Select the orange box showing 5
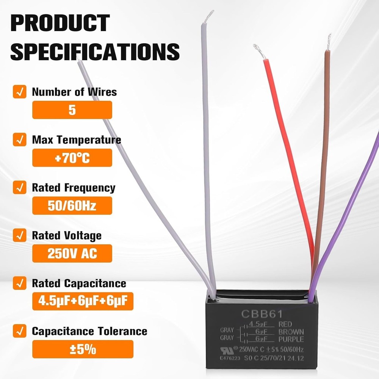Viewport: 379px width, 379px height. click(72, 110)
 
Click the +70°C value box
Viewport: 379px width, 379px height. click(72, 158)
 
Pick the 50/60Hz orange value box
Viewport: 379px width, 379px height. click(72, 206)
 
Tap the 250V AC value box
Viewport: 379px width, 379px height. click(72, 254)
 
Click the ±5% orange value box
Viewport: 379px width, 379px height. click(83, 349)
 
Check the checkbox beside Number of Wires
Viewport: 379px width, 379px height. click(19, 92)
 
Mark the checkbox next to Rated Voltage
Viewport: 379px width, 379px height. click(19, 235)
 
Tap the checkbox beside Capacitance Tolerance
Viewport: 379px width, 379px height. click(19, 331)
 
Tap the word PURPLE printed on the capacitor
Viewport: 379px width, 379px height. click(291, 338)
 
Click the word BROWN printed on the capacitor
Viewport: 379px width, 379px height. click(291, 332)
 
